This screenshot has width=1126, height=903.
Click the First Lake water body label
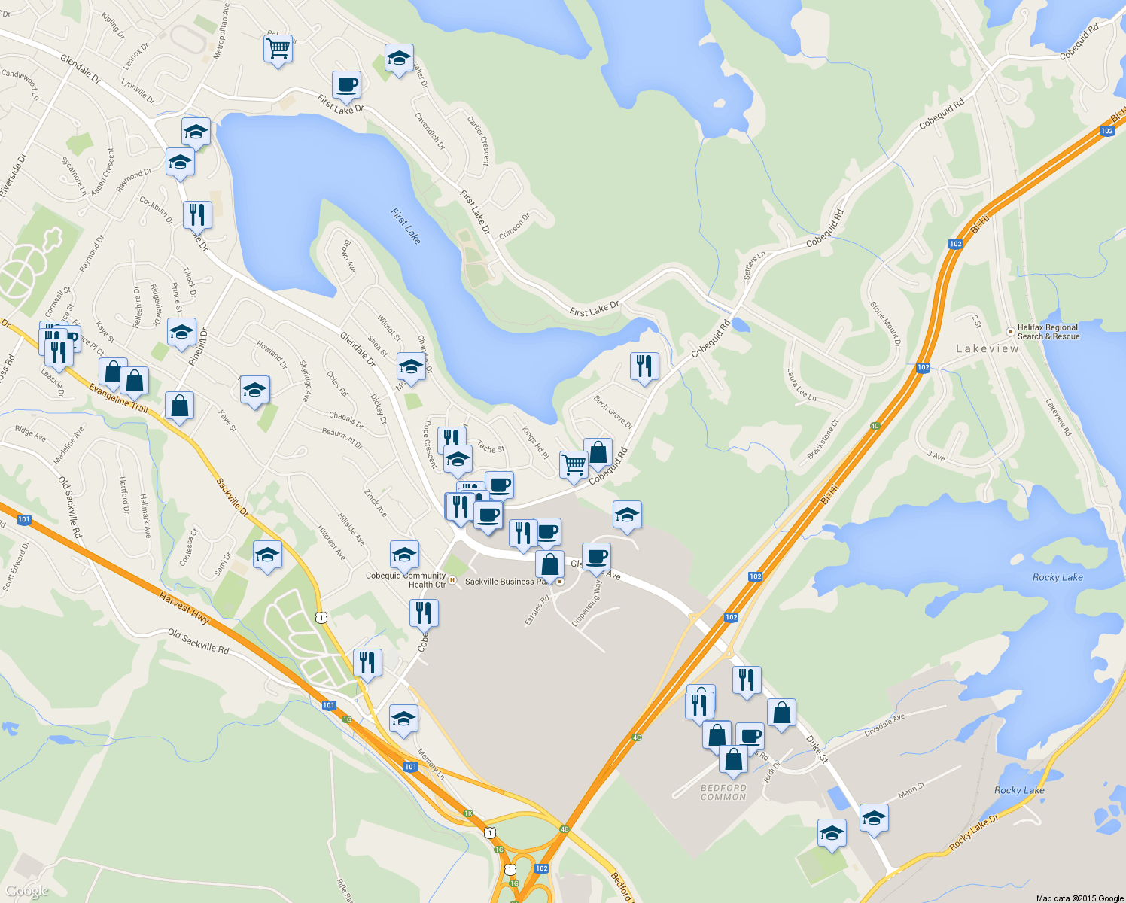[x=406, y=226]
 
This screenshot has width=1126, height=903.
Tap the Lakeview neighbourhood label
[x=988, y=348]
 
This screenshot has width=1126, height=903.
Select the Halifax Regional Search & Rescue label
[x=1048, y=332]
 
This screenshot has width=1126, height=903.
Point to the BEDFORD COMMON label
[x=723, y=792]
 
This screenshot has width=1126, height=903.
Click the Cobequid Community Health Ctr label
[x=406, y=580]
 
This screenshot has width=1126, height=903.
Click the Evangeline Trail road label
[x=118, y=398]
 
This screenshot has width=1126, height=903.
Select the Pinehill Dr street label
[x=198, y=347]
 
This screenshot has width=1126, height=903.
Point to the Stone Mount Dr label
[x=885, y=324]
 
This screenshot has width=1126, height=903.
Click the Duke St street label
[x=817, y=749]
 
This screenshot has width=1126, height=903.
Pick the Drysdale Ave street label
[x=884, y=726]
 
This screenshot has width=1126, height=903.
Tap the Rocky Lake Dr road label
[x=973, y=833]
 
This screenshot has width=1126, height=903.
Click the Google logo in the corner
[x=27, y=892]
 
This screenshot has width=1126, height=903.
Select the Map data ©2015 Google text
[x=1079, y=898]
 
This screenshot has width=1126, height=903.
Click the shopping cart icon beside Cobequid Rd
[x=574, y=464]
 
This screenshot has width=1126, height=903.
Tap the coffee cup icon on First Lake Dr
[x=346, y=84]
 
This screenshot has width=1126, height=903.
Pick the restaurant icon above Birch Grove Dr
[x=644, y=366]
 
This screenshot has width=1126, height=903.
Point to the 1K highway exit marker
[x=468, y=813]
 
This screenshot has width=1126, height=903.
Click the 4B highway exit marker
[x=565, y=829]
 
